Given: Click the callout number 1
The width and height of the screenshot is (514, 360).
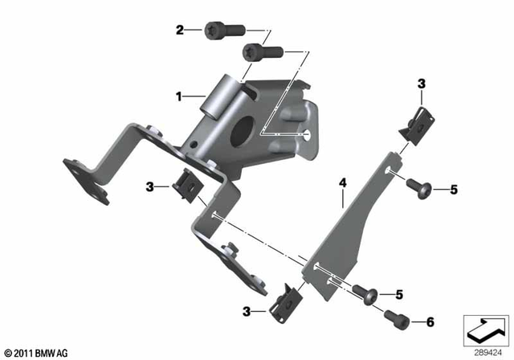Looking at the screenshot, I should (x=181, y=96).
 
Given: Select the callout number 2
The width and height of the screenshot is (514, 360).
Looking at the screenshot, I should (x=181, y=31).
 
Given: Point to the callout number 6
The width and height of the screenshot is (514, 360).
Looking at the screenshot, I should (x=430, y=322).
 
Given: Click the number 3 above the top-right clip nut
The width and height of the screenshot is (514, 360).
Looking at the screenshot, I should (x=422, y=84).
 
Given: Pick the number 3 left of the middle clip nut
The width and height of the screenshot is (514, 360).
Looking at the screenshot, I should (x=149, y=186).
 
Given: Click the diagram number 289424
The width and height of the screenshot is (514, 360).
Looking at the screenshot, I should (x=485, y=352).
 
